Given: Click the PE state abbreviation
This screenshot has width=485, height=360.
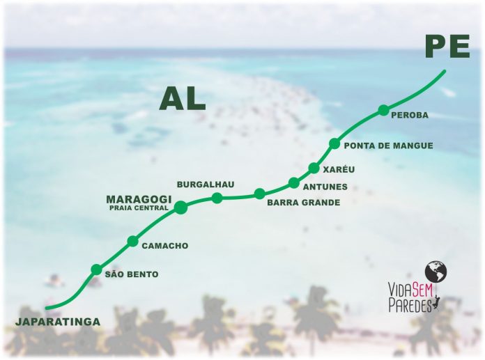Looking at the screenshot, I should (x=446, y=49).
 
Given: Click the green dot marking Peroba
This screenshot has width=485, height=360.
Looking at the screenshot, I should (x=383, y=109).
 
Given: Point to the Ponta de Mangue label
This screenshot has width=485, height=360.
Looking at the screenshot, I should (x=388, y=146).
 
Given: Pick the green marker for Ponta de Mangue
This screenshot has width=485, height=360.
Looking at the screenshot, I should (x=334, y=144).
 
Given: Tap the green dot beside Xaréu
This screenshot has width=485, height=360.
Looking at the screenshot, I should (x=314, y=168).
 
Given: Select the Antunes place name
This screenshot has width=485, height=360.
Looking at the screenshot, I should (x=324, y=187).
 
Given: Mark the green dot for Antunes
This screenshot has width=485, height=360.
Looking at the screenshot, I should (x=294, y=183).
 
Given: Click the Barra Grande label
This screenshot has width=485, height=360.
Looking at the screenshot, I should (x=303, y=203).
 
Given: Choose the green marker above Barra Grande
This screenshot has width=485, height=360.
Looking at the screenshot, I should (x=259, y=194).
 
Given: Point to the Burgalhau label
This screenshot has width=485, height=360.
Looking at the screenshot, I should (x=205, y=185).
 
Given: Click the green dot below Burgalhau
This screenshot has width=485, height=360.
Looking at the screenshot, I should (x=217, y=198).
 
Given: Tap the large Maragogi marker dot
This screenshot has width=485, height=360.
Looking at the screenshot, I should (x=180, y=207).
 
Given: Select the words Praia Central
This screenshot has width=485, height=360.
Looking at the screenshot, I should (x=139, y=208).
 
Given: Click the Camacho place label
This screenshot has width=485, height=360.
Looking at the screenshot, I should (x=164, y=246).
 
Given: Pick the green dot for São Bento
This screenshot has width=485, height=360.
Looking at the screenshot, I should (x=96, y=269).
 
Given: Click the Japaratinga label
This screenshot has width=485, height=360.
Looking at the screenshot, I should (x=57, y=321).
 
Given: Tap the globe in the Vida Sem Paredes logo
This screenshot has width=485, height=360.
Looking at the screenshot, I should (x=436, y=271).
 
